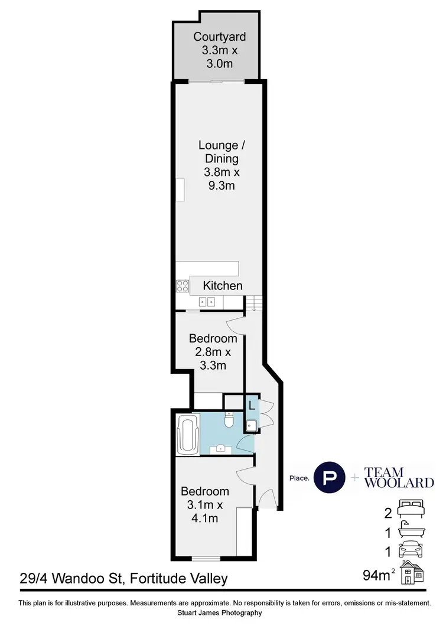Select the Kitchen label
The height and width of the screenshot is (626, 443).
[x=223, y=286]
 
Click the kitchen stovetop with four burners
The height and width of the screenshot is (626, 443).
[x=183, y=286]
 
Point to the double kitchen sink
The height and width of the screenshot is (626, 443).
[x=207, y=302]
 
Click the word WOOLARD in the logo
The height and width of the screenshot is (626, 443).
[x=399, y=482]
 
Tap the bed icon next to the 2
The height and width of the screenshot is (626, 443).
[x=412, y=507]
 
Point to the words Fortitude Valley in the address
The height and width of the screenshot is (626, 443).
[x=177, y=578]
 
